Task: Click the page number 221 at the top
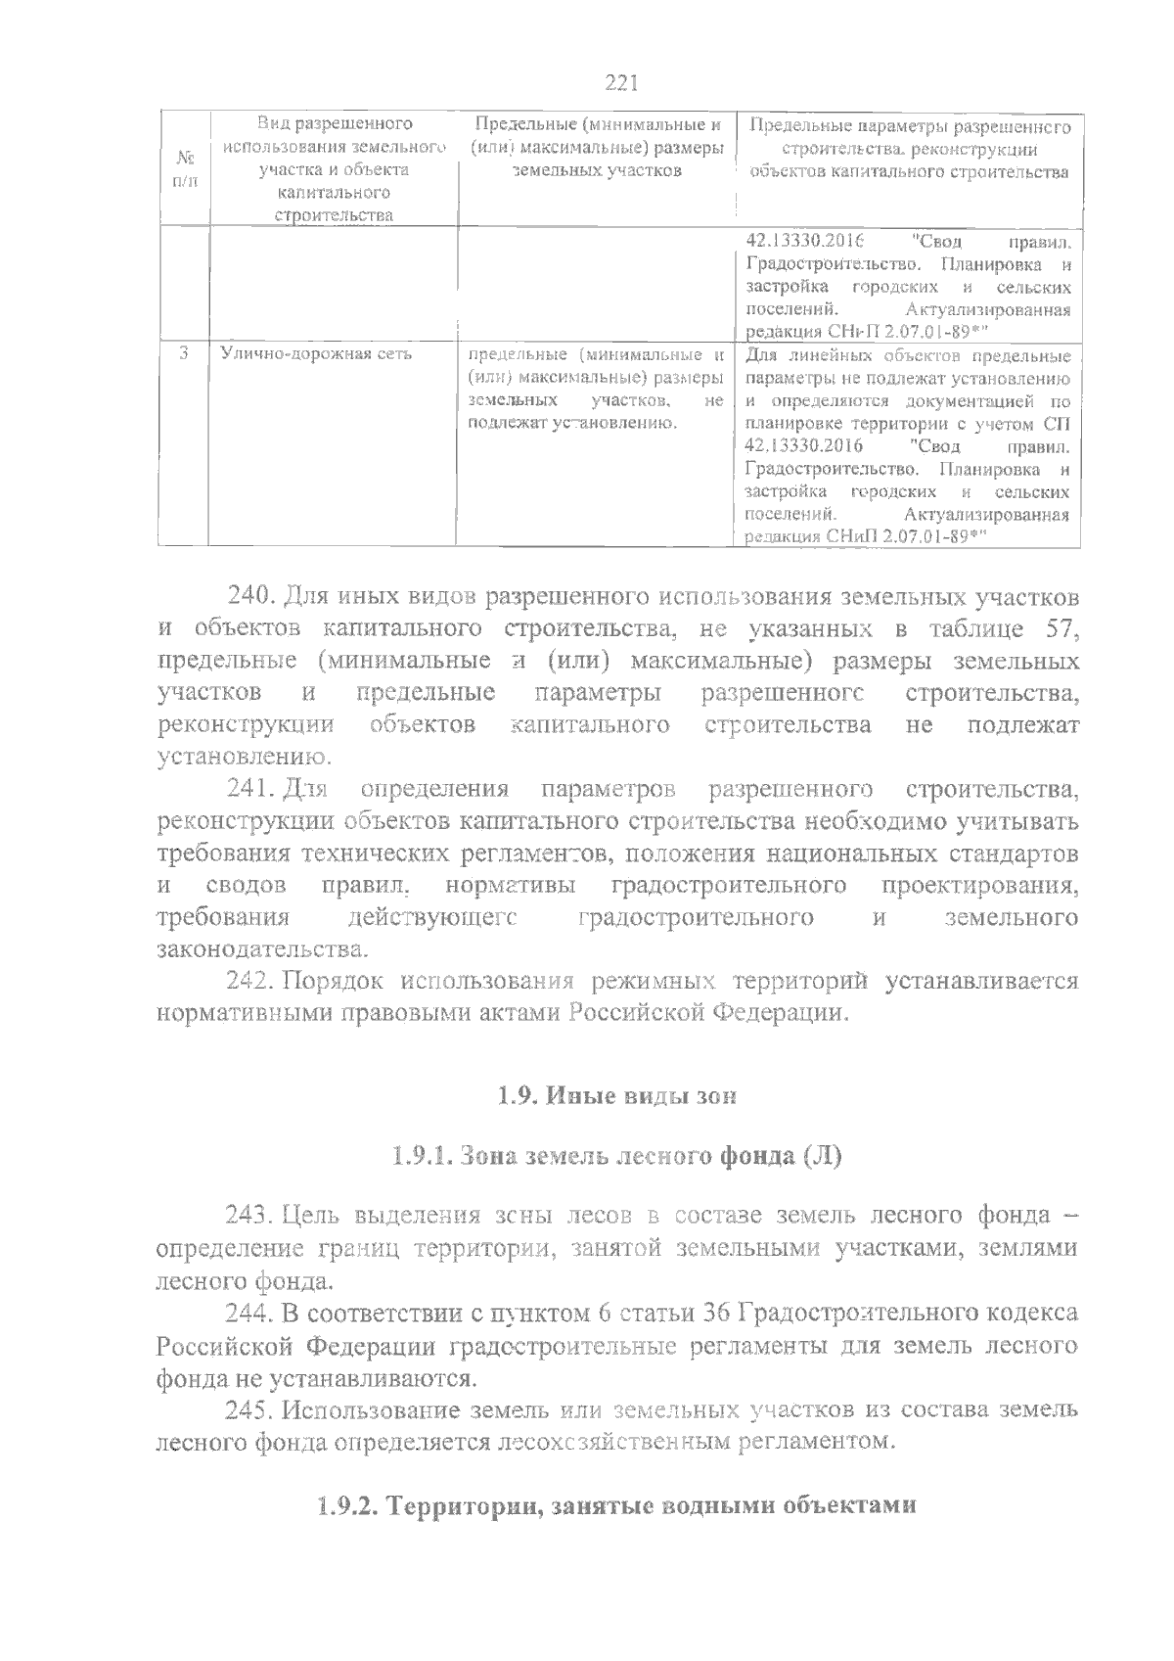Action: coord(621,83)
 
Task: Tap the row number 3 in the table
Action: coord(184,354)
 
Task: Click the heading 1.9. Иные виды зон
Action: coord(616,1096)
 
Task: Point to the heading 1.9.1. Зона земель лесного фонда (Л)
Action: coord(616,1156)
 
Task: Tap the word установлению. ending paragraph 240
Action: coord(245,757)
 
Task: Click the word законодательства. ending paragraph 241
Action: coord(264,948)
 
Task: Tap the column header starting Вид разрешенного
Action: coord(334,169)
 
